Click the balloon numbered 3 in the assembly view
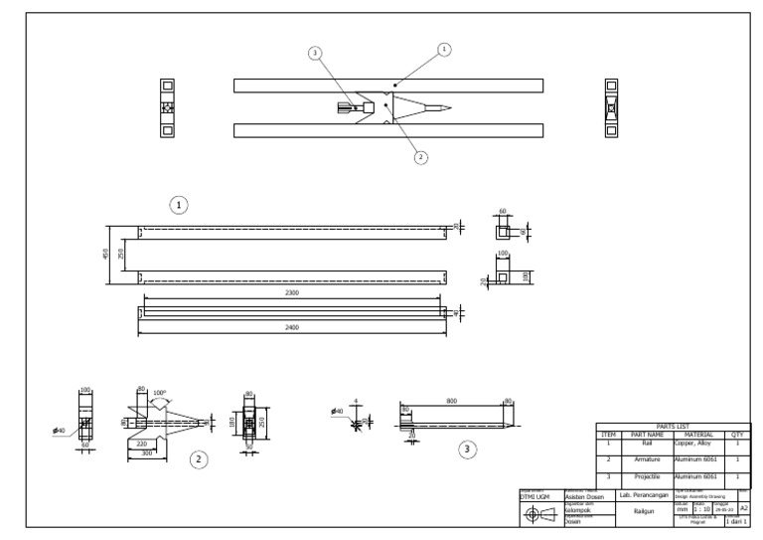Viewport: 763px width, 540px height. coord(316,53)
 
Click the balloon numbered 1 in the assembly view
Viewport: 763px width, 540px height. coord(443,48)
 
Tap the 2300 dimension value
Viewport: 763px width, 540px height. coord(292,293)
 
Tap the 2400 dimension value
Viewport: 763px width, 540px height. coord(292,327)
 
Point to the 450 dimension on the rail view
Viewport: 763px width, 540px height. coord(106,255)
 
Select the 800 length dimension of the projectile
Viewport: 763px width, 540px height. coord(452,400)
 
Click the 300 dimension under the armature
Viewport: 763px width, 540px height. coord(146,451)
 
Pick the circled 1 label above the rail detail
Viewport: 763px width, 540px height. coord(179,204)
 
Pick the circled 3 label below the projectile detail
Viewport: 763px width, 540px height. coord(468,450)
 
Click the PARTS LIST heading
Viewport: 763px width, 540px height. coord(673,427)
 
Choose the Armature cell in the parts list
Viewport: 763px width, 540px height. coord(647,459)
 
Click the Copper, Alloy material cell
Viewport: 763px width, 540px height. coord(691,443)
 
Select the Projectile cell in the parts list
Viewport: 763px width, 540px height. coord(647,477)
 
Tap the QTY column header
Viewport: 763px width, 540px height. coord(737,435)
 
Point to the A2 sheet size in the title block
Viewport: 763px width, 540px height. coord(743,507)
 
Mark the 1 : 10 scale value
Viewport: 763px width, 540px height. coord(701,509)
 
